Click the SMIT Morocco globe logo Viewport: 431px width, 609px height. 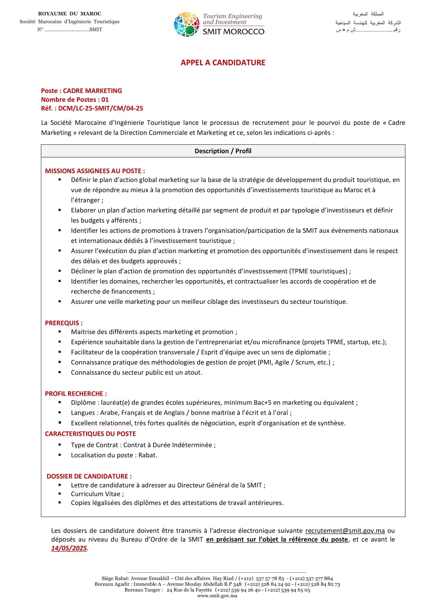tap(187, 24)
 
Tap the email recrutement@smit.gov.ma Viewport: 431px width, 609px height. tap(345, 530)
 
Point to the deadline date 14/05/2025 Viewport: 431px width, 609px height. tap(69, 548)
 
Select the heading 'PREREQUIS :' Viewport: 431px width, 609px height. tap(64, 323)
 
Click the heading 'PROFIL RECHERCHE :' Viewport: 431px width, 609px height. tap(76, 394)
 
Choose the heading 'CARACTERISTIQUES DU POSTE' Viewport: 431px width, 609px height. tap(90, 434)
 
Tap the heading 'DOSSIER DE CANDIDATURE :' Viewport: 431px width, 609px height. tap(89, 476)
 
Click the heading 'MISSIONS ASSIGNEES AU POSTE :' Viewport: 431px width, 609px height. tap(95, 171)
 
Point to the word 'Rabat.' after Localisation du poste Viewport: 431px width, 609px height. tap(148, 455)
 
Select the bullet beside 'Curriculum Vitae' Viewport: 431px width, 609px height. tap(60, 494)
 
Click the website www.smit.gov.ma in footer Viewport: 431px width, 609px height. tap(217, 596)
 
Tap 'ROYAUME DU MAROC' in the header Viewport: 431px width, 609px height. tap(70, 14)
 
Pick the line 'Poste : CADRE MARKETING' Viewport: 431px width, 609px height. tap(82, 91)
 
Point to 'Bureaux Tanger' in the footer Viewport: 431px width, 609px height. tap(143, 590)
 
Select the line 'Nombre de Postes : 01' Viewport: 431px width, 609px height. tap(75, 99)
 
